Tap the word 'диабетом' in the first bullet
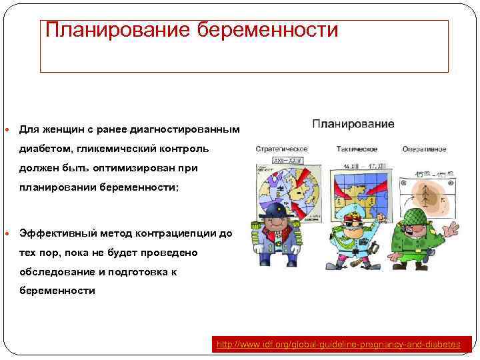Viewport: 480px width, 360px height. coord(46,148)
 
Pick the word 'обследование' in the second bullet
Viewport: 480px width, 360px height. coord(53,271)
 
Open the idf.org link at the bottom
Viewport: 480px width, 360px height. coord(339,344)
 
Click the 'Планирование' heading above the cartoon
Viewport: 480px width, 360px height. coord(353,124)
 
